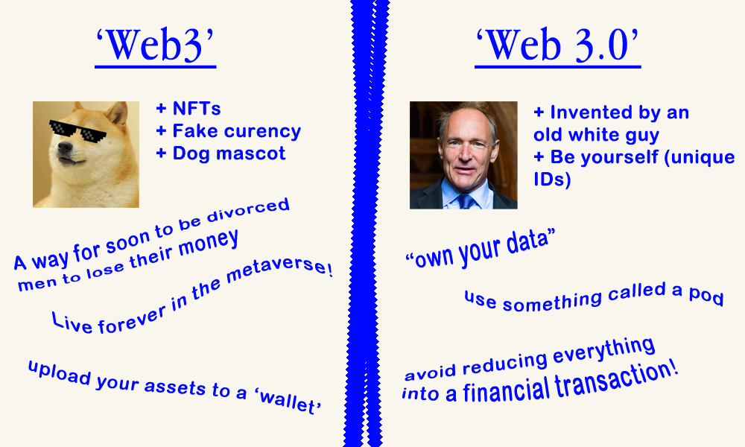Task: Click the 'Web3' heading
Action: click(155, 47)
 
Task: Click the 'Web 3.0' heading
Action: click(558, 47)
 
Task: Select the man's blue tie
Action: click(466, 200)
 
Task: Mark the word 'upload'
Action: click(53, 372)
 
